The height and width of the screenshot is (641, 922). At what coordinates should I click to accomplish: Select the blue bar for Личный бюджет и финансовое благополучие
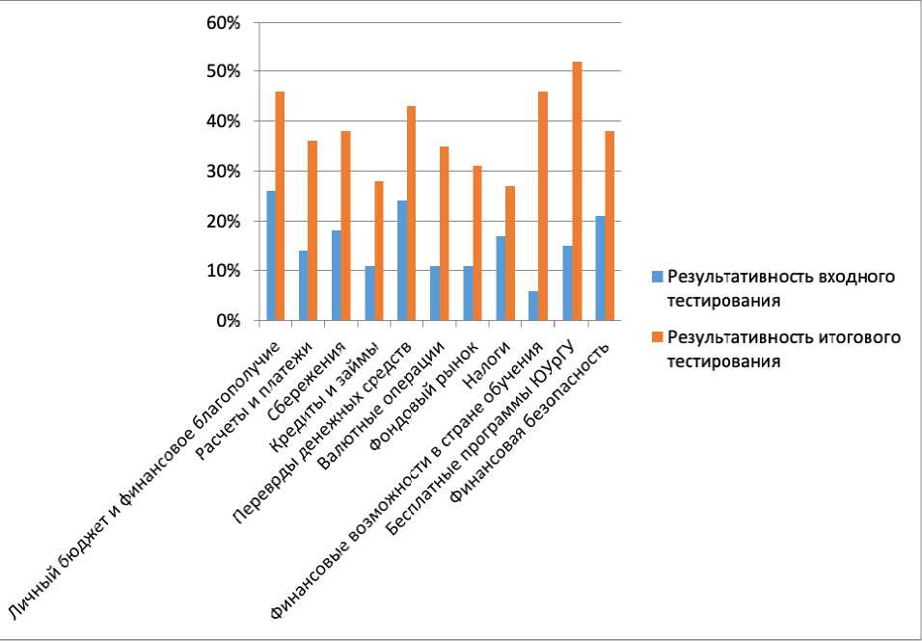tap(271, 255)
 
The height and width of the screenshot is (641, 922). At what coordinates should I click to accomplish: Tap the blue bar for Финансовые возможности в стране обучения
tap(534, 306)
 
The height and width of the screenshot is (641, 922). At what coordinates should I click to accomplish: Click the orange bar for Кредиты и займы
tap(379, 251)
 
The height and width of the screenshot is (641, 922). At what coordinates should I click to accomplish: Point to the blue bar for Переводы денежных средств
tap(402, 260)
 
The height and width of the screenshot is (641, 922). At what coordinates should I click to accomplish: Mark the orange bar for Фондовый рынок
tap(478, 243)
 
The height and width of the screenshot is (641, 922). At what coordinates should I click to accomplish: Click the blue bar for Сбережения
tap(337, 276)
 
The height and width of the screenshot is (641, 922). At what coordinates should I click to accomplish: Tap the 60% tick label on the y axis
tap(224, 21)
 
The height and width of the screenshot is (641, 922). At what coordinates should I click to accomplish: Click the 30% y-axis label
tap(224, 172)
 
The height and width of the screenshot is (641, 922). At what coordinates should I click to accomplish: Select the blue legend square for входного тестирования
tap(657, 277)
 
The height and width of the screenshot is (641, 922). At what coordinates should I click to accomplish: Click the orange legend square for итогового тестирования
tap(657, 338)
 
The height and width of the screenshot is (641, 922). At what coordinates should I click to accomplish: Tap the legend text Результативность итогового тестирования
tap(782, 349)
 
